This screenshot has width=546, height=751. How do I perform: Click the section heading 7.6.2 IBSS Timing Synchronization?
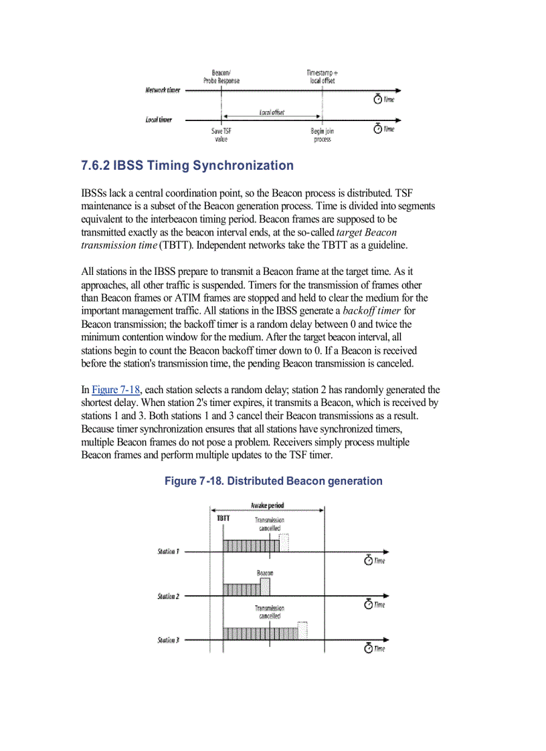[x=187, y=166]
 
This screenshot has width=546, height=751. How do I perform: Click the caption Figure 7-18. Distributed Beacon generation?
[x=273, y=481]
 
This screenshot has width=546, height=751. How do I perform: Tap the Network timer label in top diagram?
[x=163, y=90]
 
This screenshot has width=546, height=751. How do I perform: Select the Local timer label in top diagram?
[x=159, y=120]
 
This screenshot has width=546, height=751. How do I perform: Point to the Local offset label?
[x=271, y=112]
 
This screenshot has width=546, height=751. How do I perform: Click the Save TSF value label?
[x=221, y=135]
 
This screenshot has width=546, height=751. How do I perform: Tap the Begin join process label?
[x=322, y=135]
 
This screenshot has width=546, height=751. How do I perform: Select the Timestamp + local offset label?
[x=322, y=76]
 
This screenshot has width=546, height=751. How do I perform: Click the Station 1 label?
[x=168, y=552]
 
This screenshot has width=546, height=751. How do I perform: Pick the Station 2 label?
[x=168, y=596]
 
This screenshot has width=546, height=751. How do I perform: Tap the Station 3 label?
[x=168, y=640]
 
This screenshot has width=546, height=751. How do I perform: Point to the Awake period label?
[x=267, y=506]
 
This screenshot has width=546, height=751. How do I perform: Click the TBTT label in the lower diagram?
[x=223, y=518]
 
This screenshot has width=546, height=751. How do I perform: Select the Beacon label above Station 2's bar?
[x=264, y=573]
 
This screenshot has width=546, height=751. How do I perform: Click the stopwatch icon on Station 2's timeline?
[x=368, y=605]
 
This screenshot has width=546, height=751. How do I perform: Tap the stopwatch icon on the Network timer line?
[x=378, y=99]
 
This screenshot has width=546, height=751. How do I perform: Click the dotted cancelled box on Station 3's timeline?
[x=302, y=630]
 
